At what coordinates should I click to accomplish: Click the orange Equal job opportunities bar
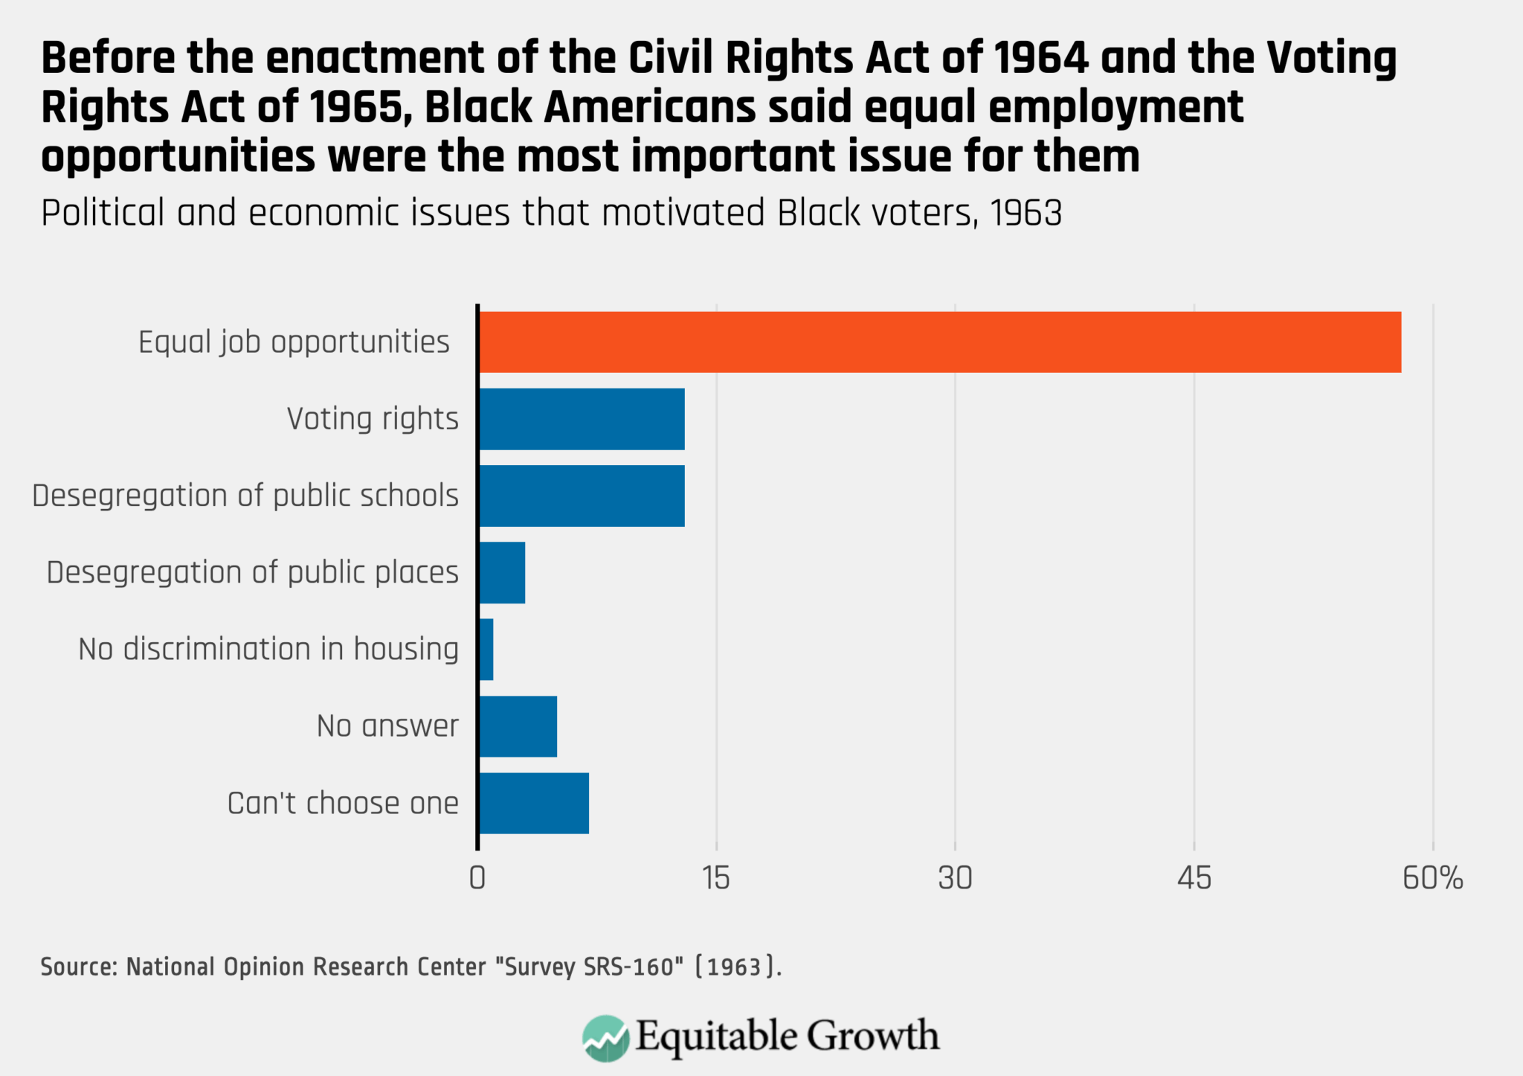pyautogui.click(x=939, y=342)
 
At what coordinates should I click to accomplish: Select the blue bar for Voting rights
pyautogui.click(x=582, y=419)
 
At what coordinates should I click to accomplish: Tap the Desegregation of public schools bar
pyautogui.click(x=582, y=496)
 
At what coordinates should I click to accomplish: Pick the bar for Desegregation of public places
pyautogui.click(x=502, y=572)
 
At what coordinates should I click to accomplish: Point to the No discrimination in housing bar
pyautogui.click(x=486, y=649)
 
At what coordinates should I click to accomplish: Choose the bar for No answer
pyautogui.click(x=518, y=726)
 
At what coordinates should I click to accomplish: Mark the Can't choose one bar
pyautogui.click(x=533, y=803)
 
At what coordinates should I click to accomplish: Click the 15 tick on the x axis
pyautogui.click(x=716, y=879)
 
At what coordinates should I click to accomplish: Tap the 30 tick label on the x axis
pyautogui.click(x=955, y=879)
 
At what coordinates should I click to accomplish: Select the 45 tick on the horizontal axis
pyautogui.click(x=1194, y=879)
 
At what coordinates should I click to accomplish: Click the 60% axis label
pyautogui.click(x=1432, y=879)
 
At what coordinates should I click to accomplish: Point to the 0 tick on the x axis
pyautogui.click(x=477, y=879)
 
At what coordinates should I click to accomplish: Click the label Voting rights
pyautogui.click(x=373, y=419)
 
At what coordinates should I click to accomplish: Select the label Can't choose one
pyautogui.click(x=343, y=803)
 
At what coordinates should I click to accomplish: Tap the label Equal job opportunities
pyautogui.click(x=294, y=342)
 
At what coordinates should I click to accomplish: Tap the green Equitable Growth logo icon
pyautogui.click(x=605, y=1037)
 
